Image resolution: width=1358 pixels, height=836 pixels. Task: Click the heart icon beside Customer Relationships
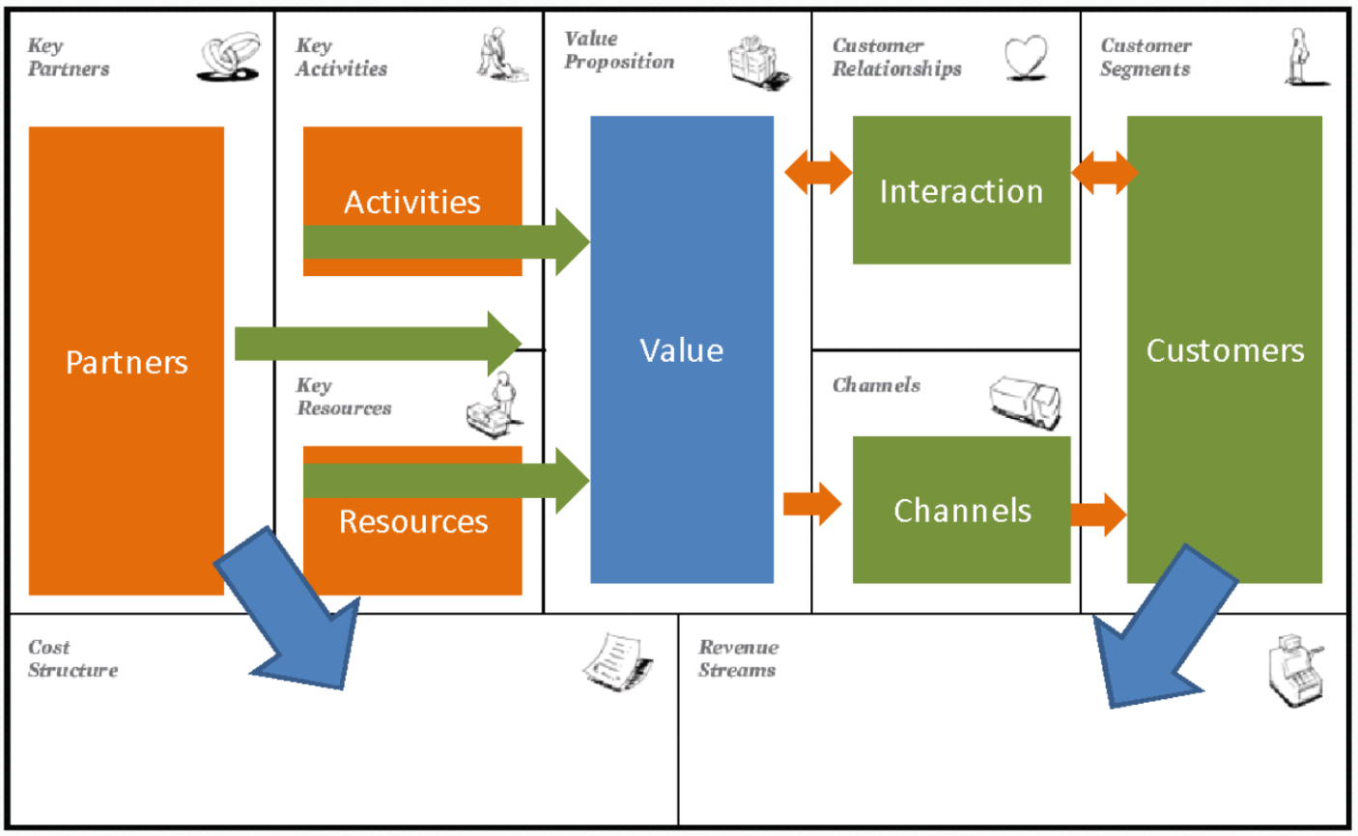[1025, 57]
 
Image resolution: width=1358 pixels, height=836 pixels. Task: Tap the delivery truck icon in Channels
[1024, 400]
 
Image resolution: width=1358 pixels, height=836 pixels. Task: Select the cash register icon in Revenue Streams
[1294, 670]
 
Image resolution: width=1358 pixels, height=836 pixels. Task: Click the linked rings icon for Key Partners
[229, 57]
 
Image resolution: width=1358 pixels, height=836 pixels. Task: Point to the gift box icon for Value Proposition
[758, 62]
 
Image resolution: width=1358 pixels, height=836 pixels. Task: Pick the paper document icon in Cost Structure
[618, 662]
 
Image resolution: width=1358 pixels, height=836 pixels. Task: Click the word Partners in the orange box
[127, 362]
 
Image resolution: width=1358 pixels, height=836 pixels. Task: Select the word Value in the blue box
[681, 349]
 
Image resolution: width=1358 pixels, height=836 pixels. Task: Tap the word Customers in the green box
[1224, 349]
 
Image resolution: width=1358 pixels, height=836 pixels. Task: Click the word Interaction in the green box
[961, 191]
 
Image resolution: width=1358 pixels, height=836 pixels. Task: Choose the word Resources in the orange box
[413, 521]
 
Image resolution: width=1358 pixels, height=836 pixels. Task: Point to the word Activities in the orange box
[412, 202]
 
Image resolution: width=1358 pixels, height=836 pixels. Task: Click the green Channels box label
[961, 510]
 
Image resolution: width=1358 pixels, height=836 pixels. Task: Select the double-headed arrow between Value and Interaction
[817, 174]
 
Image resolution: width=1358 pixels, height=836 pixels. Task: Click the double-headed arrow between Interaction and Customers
[1104, 174]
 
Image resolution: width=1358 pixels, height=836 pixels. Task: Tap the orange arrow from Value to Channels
[812, 503]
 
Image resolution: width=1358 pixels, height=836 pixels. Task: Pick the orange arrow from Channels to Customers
[1099, 513]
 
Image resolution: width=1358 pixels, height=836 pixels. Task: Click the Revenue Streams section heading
[738, 658]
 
